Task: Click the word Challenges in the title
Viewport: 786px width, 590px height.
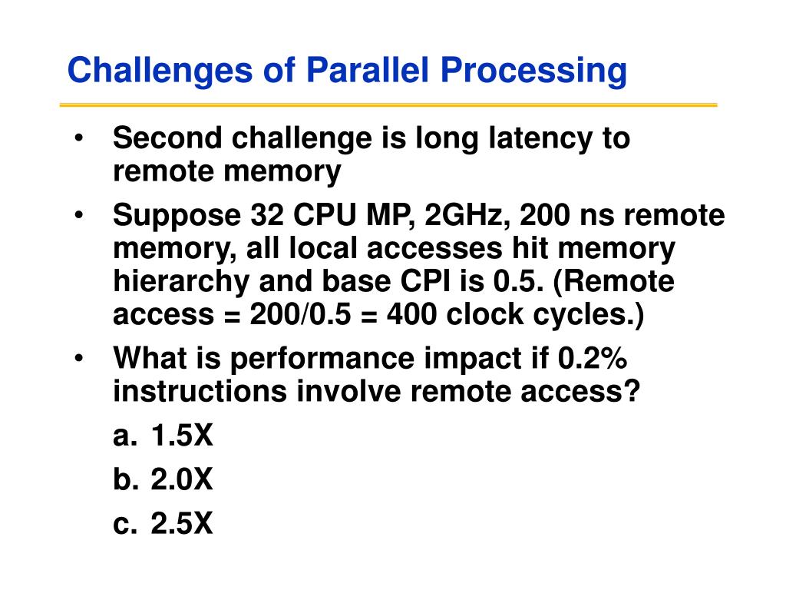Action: [160, 71]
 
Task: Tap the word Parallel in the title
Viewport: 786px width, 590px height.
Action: [368, 69]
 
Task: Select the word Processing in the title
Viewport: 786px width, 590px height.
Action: [534, 71]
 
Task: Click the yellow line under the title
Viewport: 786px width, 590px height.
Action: [388, 104]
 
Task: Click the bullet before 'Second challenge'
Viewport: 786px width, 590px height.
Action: [78, 138]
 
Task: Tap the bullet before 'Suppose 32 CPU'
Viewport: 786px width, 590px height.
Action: [78, 215]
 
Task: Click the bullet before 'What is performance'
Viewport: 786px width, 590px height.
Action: [78, 359]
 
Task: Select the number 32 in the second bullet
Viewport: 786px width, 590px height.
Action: [267, 215]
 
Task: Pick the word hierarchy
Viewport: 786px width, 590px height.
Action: [181, 282]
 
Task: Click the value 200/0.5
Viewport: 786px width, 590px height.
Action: [300, 314]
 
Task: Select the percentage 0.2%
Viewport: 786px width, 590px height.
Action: [592, 358]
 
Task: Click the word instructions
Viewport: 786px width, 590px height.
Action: [200, 391]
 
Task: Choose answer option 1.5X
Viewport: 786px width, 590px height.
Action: [181, 435]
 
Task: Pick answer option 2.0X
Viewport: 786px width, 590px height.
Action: [181, 479]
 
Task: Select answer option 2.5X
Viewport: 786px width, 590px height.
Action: [181, 523]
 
